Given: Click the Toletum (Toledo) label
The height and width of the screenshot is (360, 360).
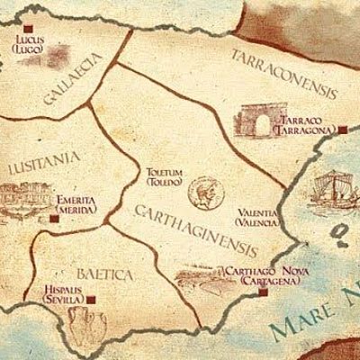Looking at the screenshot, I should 162,175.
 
